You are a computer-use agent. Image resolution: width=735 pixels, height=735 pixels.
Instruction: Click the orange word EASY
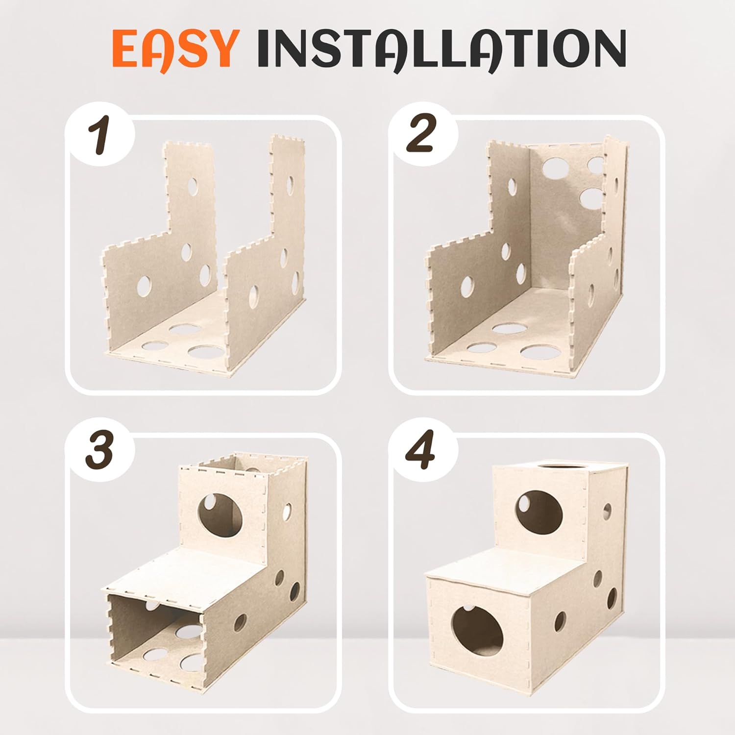pos(172,49)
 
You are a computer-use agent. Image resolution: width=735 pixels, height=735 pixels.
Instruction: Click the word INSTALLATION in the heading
pos(441,49)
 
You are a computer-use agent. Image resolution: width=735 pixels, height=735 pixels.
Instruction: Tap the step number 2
pos(421,134)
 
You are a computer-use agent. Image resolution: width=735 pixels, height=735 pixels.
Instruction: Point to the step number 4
pos(421,451)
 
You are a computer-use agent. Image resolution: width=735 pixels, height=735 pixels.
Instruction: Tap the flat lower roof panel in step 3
pos(196,571)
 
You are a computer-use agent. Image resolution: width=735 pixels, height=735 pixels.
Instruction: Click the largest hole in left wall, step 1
pos(144,286)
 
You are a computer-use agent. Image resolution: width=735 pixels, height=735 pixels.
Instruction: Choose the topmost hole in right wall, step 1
pos(291,184)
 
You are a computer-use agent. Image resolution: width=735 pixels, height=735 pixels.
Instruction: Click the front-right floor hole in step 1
pos(204,352)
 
